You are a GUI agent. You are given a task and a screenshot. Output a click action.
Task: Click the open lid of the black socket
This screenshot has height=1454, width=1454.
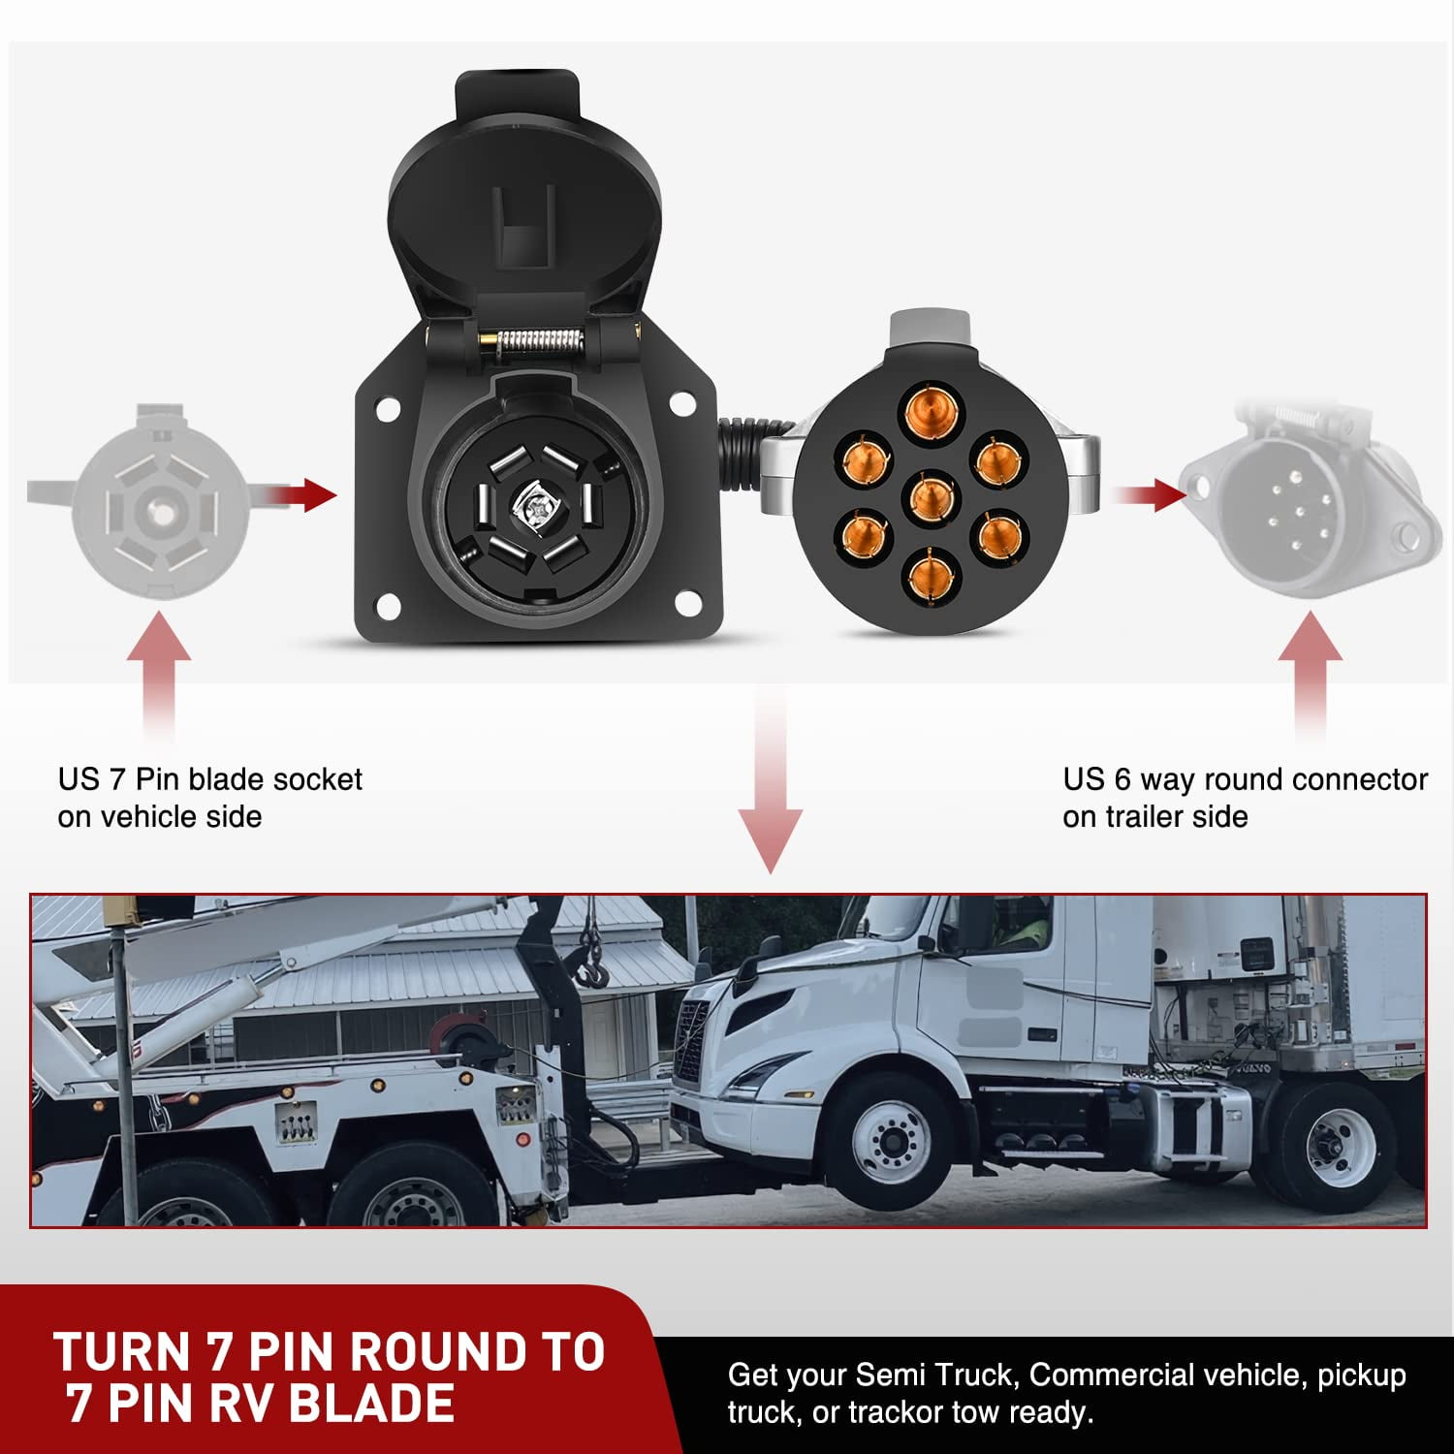(523, 194)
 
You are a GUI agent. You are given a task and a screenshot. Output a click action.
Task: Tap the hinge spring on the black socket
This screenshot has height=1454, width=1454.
(532, 342)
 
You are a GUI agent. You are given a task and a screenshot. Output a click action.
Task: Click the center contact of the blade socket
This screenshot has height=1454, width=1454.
(534, 504)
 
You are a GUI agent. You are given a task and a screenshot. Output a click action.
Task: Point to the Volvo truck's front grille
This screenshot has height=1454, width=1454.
(691, 1041)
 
